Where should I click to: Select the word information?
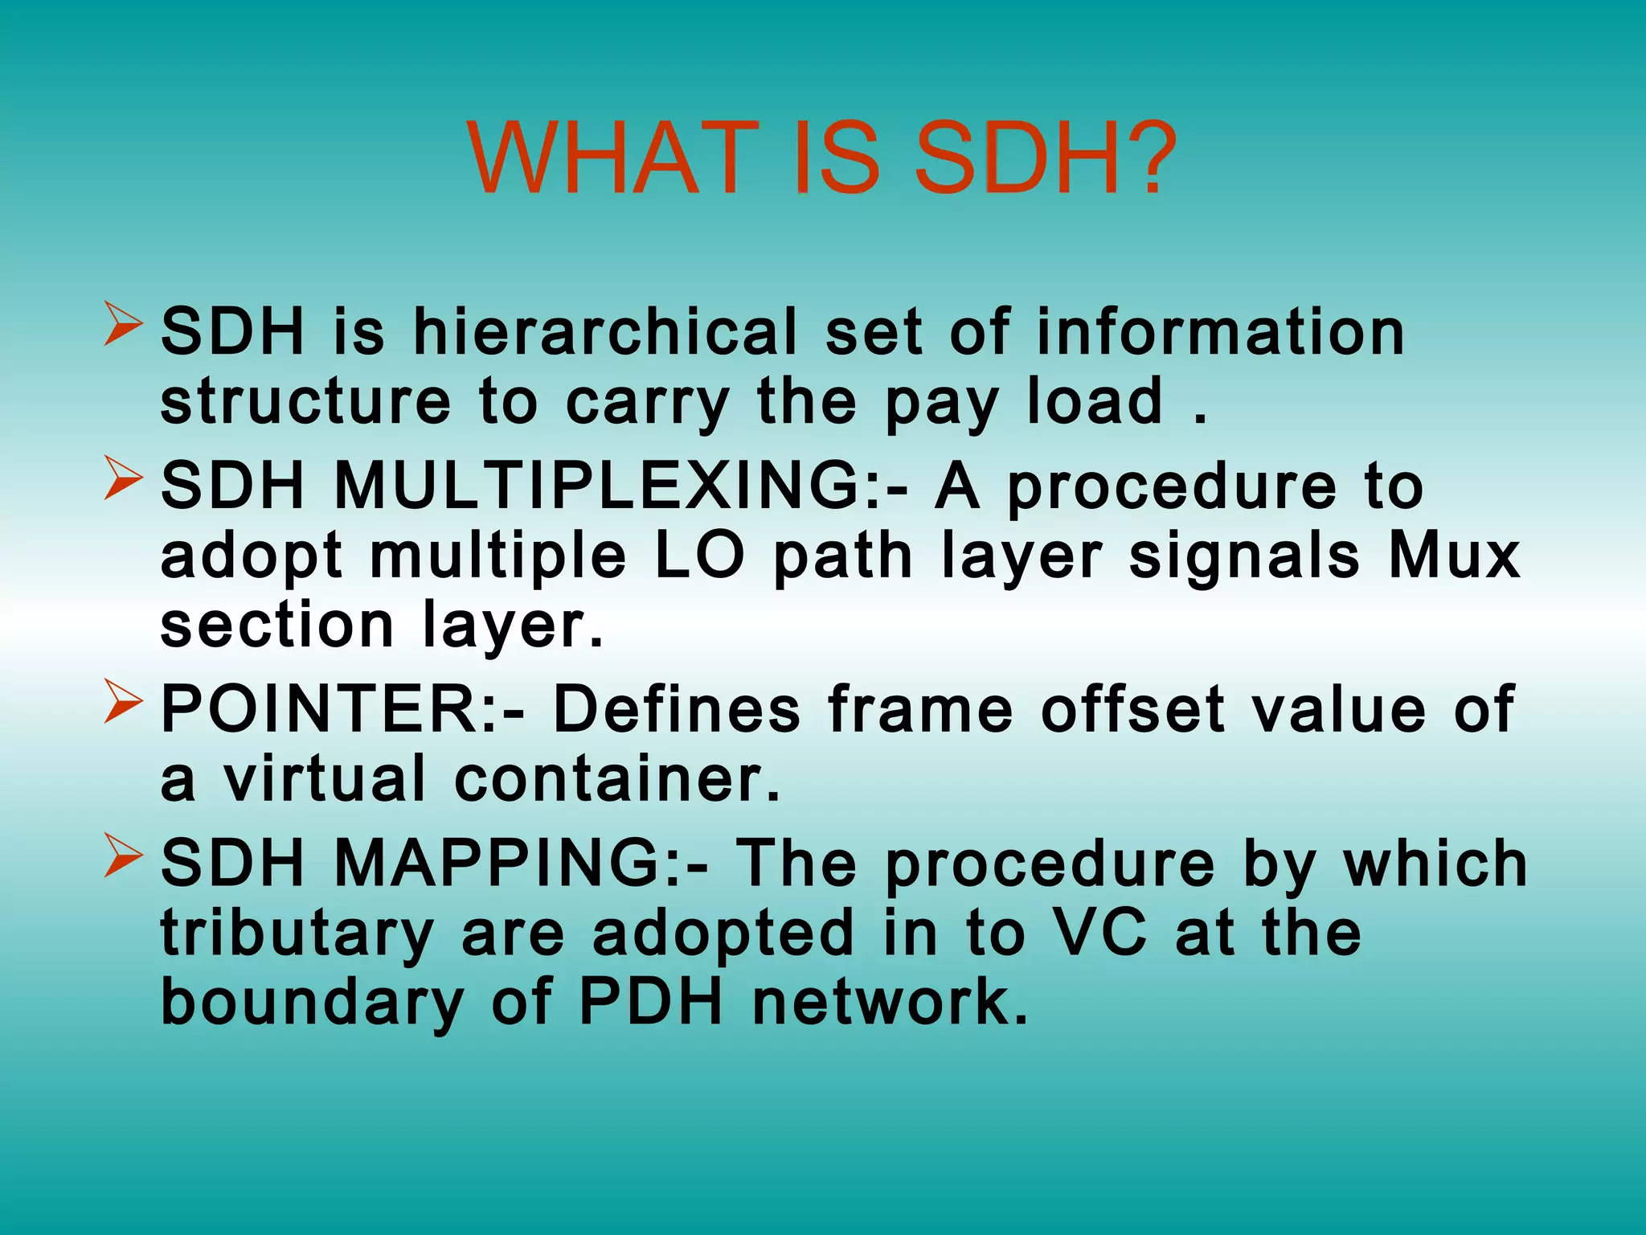1219,332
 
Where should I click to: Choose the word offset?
1132,709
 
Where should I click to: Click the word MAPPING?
520,863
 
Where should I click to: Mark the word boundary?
311,1003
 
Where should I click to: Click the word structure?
306,401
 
